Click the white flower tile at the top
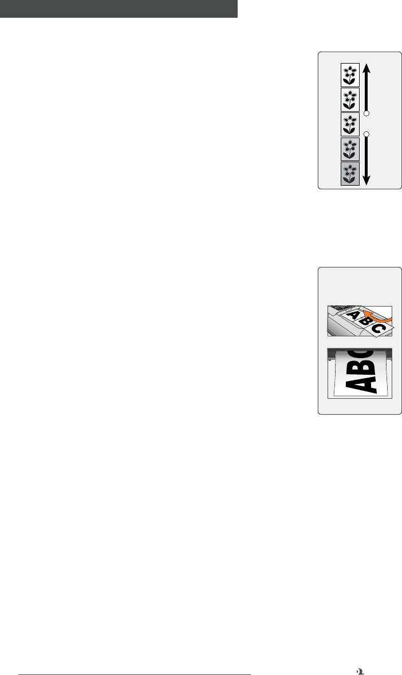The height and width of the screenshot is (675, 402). pyautogui.click(x=350, y=74)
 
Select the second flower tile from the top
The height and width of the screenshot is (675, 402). pyautogui.click(x=350, y=99)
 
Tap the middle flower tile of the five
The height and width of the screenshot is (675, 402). pyautogui.click(x=350, y=124)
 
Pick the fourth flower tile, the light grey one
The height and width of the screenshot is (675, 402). pyautogui.click(x=350, y=148)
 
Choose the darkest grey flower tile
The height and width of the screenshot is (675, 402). pyautogui.click(x=350, y=173)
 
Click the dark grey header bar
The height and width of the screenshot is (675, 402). pyautogui.click(x=119, y=9)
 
